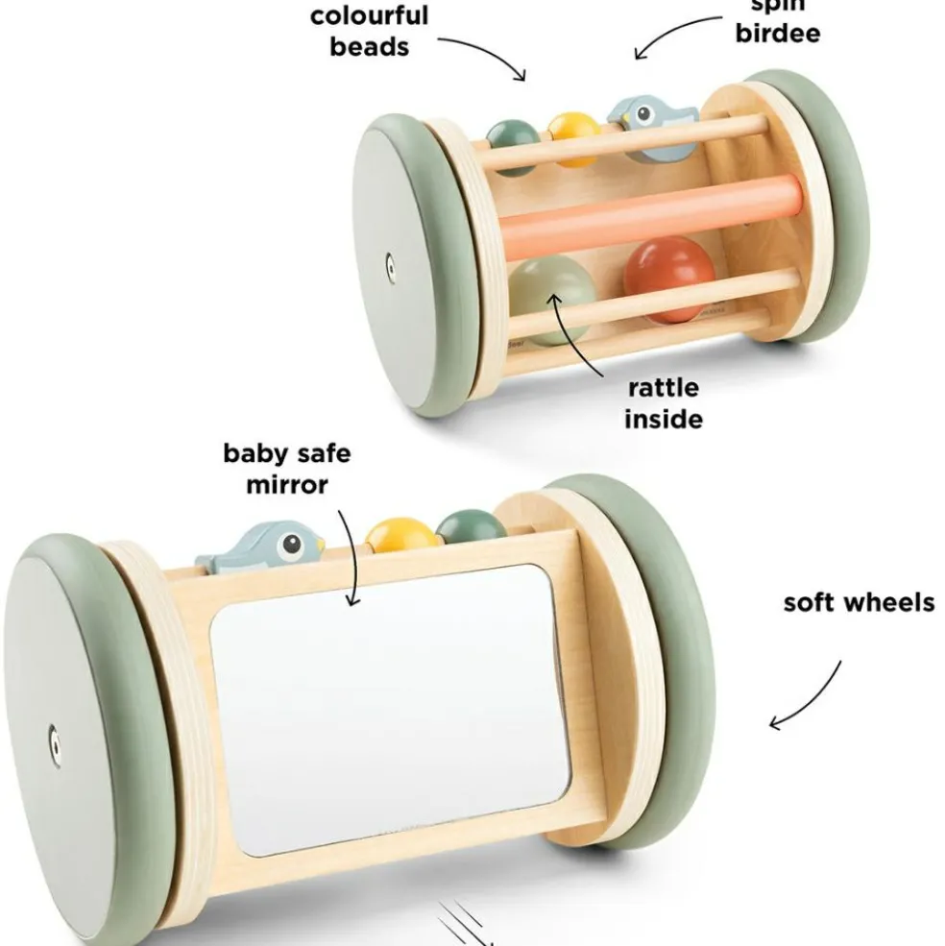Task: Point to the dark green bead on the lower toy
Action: point(470,529)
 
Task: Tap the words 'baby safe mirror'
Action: point(287,468)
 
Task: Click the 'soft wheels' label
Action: point(858,603)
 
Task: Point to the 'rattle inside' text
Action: point(664,403)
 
